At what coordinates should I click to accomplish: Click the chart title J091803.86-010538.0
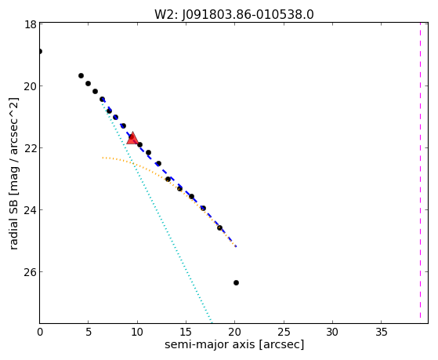pyautogui.click(x=248, y=15)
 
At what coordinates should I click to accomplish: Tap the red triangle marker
pyautogui.click(x=132, y=138)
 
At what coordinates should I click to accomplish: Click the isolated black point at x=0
pyautogui.click(x=40, y=51)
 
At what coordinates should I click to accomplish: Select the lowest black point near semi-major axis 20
pyautogui.click(x=236, y=283)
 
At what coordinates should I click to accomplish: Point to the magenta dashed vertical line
pyautogui.click(x=420, y=171)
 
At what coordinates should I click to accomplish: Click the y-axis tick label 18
pyautogui.click(x=31, y=24)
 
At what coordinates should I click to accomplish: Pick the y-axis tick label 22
pyautogui.click(x=30, y=148)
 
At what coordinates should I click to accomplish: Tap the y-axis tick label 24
pyautogui.click(x=30, y=209)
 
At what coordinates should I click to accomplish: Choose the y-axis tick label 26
pyautogui.click(x=30, y=272)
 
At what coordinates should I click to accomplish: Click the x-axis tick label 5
pyautogui.click(x=89, y=332)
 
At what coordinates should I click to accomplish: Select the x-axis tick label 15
pyautogui.click(x=186, y=332)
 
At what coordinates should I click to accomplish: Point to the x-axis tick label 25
pyautogui.click(x=284, y=332)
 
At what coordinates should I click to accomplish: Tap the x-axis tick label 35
pyautogui.click(x=382, y=332)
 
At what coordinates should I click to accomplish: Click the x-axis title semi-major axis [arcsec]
pyautogui.click(x=234, y=344)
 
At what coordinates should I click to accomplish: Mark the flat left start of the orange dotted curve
pyautogui.click(x=103, y=158)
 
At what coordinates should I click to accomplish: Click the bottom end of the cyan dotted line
pyautogui.click(x=212, y=322)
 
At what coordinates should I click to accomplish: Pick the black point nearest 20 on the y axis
pyautogui.click(x=88, y=83)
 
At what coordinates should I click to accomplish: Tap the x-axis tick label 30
pyautogui.click(x=332, y=332)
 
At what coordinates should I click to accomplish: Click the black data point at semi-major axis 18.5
pyautogui.click(x=220, y=227)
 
